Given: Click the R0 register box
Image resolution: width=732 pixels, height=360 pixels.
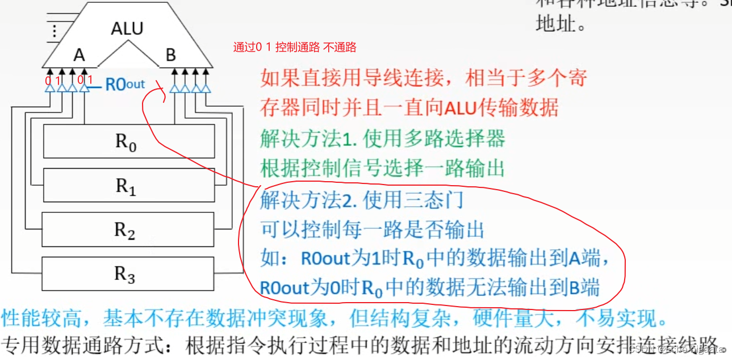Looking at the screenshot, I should [x=129, y=141].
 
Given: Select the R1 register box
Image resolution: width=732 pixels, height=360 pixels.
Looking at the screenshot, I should [x=129, y=185].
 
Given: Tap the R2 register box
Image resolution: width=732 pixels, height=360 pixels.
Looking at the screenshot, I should [x=129, y=229].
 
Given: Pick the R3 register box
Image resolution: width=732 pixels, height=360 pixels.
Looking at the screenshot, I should [x=129, y=274].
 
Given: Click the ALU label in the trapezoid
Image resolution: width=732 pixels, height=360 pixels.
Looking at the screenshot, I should [x=127, y=28].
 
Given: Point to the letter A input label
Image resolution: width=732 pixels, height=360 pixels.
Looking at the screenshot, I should [x=79, y=55].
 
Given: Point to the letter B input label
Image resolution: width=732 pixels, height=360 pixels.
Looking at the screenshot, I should [x=170, y=55].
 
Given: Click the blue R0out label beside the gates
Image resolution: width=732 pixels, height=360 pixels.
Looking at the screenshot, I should [x=126, y=85].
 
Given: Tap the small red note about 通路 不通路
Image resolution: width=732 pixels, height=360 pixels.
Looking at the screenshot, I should [x=295, y=47].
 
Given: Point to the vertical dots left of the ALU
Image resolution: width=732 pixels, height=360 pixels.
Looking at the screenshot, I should [x=55, y=31].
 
